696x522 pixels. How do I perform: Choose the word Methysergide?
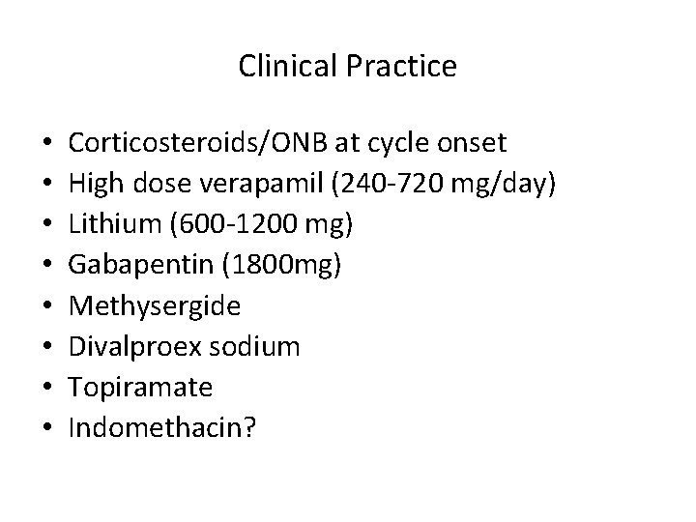(155, 306)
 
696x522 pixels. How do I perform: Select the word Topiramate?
(140, 388)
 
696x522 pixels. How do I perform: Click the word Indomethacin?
(161, 427)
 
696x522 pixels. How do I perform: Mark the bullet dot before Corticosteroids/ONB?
(33, 144)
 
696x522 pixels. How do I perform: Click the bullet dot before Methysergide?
(33, 306)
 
